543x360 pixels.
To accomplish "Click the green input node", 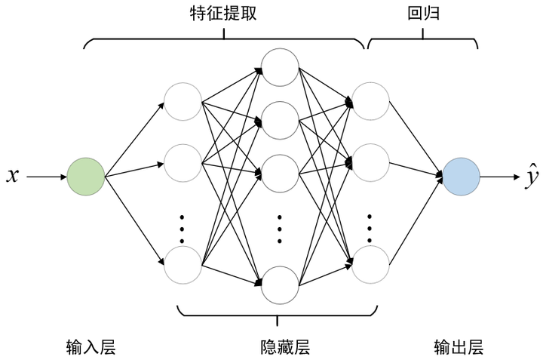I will [x=85, y=177].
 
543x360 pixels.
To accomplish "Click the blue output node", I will [x=461, y=177].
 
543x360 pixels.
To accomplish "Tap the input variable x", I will [x=12, y=177].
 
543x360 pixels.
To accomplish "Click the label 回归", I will [x=422, y=13].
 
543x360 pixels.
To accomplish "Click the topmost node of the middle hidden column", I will [x=279, y=67].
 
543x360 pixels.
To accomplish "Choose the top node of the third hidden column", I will [x=370, y=100].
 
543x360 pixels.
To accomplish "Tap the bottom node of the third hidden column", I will [x=370, y=263].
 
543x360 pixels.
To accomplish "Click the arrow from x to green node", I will [x=47, y=177].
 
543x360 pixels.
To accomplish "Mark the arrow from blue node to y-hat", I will [x=499, y=177].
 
